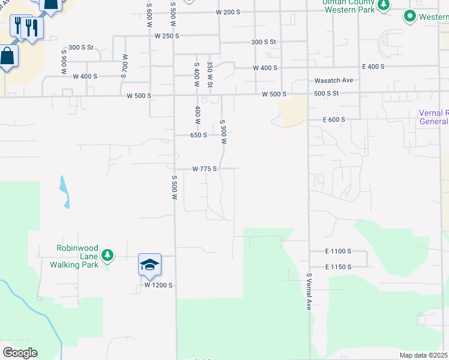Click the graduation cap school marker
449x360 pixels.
coord(150,264)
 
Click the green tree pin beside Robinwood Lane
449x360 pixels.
coord(107,256)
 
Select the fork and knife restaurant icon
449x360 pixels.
coord(31,28)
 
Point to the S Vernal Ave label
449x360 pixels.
coord(309,292)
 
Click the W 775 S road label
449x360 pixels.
coord(204,169)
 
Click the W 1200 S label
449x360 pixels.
coord(158,286)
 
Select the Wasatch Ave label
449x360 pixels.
coord(334,80)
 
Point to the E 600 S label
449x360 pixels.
coord(334,120)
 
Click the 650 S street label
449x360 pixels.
coord(199,135)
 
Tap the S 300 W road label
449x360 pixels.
coord(223,132)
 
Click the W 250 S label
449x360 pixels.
coord(167,36)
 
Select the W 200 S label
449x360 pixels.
coord(228,12)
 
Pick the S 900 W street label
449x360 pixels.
coord(63,62)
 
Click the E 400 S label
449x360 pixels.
coord(373,67)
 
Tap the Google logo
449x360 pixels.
coord(20,353)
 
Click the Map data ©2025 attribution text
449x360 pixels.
coord(423,355)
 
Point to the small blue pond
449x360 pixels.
coord(64,193)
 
